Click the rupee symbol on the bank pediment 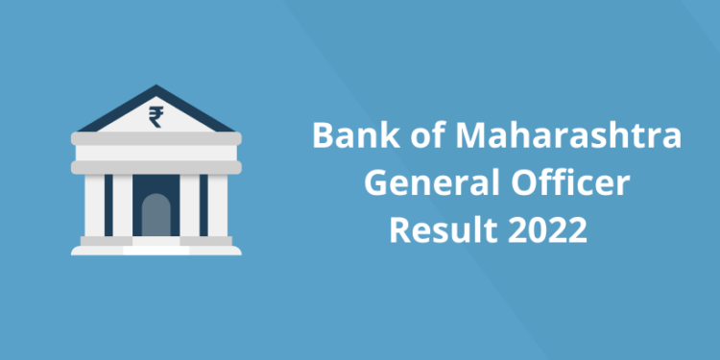[156, 118]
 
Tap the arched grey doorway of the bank [156, 214]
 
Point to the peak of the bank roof [156, 87]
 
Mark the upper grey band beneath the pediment [156, 139]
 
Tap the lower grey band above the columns [156, 165]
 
